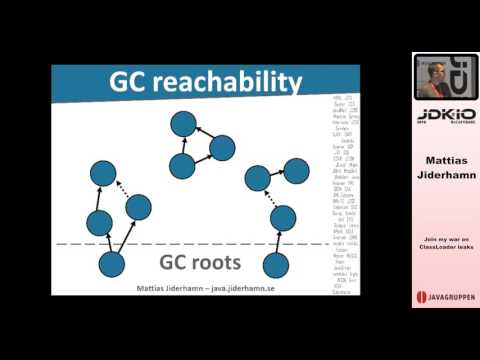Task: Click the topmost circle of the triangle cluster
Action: click(x=183, y=124)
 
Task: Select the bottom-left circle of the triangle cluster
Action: click(x=182, y=166)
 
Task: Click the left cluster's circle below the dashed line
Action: click(x=112, y=265)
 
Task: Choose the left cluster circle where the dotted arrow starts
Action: click(x=138, y=207)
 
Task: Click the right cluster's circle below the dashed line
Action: click(x=276, y=265)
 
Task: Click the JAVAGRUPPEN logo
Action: click(x=445, y=298)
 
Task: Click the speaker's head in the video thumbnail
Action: click(x=429, y=72)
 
